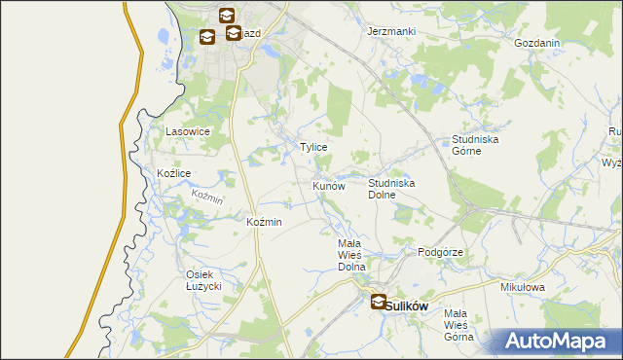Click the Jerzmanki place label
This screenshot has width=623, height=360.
tap(391, 31)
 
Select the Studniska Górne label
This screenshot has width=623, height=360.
tap(475, 145)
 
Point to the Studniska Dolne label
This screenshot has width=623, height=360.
tap(392, 189)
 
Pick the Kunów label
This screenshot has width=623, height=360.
tap(329, 185)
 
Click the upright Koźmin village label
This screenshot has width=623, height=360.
tap(265, 222)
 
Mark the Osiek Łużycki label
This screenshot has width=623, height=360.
tap(205, 280)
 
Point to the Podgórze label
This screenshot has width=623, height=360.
tap(440, 252)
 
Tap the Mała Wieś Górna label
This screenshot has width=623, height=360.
tap(458, 325)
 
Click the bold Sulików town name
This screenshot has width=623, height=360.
tap(407, 305)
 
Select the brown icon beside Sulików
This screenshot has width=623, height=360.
tap(378, 303)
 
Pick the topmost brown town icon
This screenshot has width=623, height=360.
tap(226, 16)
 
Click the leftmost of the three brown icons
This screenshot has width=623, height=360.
tap(207, 37)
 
